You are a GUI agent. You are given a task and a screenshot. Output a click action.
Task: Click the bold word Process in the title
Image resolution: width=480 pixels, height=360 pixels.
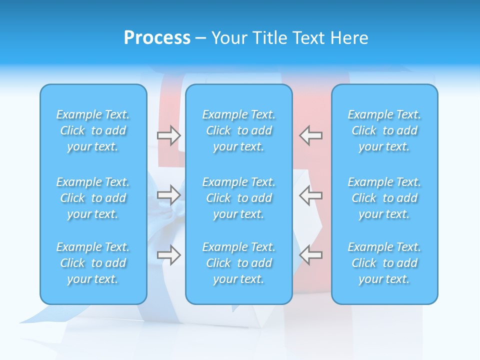pyautogui.click(x=157, y=38)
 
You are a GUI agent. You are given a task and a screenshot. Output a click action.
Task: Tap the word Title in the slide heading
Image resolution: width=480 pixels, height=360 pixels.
pyautogui.click(x=268, y=38)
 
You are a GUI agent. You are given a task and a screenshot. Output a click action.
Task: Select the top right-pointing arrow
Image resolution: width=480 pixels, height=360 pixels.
pyautogui.click(x=168, y=135)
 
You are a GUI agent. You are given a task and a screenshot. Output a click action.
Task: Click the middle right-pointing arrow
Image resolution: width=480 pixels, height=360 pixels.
pyautogui.click(x=168, y=194)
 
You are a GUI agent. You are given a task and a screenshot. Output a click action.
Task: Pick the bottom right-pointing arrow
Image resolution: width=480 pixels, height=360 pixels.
pyautogui.click(x=168, y=255)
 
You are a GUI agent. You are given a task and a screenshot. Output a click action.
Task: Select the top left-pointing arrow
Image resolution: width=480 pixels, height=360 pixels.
pyautogui.click(x=310, y=135)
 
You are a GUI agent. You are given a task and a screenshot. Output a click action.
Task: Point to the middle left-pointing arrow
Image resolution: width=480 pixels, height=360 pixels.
pyautogui.click(x=310, y=194)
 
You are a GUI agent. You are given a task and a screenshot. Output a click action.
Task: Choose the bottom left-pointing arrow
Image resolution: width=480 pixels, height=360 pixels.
pyautogui.click(x=310, y=254)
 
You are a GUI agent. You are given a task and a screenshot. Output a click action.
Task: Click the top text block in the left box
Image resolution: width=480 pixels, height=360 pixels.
pyautogui.click(x=93, y=130)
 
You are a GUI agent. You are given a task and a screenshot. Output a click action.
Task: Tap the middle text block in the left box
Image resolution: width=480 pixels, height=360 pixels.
pyautogui.click(x=93, y=198)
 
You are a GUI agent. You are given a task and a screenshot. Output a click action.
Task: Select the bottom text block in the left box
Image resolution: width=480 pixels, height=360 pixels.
pyautogui.click(x=93, y=263)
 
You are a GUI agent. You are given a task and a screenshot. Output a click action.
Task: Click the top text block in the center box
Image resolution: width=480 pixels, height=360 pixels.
pyautogui.click(x=239, y=130)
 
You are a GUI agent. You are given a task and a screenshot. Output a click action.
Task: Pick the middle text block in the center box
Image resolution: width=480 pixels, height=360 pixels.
pyautogui.click(x=239, y=198)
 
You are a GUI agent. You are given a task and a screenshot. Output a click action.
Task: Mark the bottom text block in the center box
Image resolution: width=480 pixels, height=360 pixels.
pyautogui.click(x=239, y=263)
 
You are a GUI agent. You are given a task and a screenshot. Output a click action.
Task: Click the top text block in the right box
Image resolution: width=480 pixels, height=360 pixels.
pyautogui.click(x=384, y=130)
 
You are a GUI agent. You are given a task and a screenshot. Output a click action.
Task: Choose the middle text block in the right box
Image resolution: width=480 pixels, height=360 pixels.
pyautogui.click(x=384, y=198)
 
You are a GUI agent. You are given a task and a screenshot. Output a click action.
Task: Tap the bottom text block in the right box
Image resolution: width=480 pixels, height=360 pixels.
pyautogui.click(x=384, y=263)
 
